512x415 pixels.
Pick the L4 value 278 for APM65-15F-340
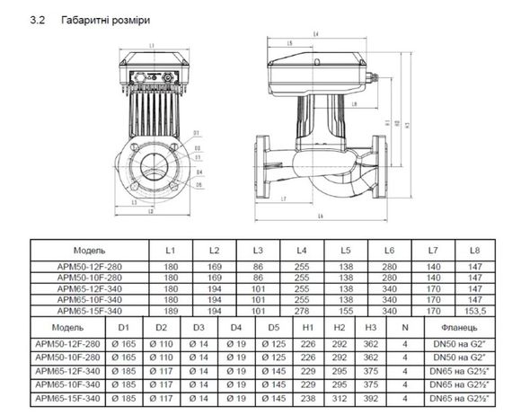[302, 310]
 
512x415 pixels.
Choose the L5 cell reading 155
[346, 310]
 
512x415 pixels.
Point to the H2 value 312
[339, 394]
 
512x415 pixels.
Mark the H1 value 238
[307, 394]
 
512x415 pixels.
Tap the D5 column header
[274, 327]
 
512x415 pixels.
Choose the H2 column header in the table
[339, 327]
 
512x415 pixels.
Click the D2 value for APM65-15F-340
[162, 394]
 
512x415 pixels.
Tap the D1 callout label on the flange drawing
[196, 132]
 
